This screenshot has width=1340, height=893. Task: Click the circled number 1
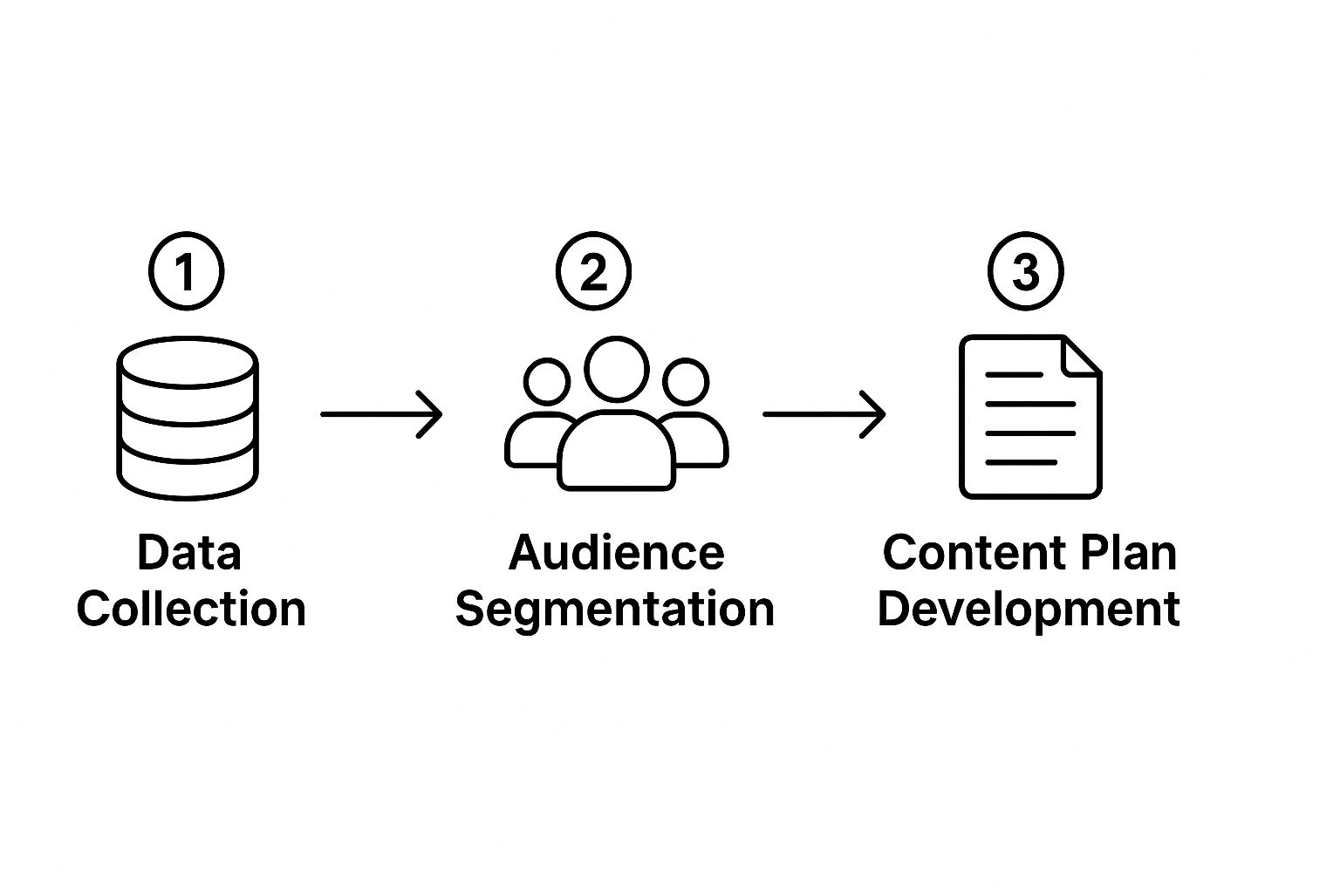tap(186, 271)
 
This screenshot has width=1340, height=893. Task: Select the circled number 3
tap(1025, 271)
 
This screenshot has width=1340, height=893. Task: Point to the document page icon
tap(1029, 417)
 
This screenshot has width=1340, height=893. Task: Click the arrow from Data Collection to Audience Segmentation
tap(381, 413)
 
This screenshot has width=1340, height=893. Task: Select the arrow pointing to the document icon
tap(824, 413)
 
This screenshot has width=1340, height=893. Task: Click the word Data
tap(189, 553)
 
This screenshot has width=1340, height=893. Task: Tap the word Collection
tap(191, 609)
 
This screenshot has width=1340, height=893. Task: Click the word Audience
tap(616, 553)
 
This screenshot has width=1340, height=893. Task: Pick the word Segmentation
tap(615, 609)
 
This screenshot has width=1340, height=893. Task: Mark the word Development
tap(1029, 609)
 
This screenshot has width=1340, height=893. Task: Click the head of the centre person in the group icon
tap(617, 369)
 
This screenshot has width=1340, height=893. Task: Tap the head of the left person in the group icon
tap(547, 381)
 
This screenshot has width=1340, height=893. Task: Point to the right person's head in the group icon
tap(686, 381)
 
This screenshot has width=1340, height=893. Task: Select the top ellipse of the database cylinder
tap(187, 363)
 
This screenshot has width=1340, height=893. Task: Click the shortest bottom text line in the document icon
tap(1020, 462)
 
